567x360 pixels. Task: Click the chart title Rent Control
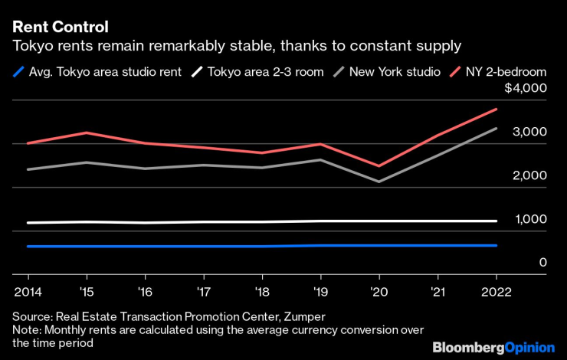[60, 27]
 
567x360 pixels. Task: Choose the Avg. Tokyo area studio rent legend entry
[107, 72]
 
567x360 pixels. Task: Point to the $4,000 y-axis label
[525, 89]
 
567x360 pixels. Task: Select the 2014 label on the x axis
[28, 291]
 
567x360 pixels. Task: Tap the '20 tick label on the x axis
[379, 291]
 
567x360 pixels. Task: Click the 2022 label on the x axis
[496, 291]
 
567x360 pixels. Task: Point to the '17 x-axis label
[204, 291]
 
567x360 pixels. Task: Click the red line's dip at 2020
[379, 165]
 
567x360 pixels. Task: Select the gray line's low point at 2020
[379, 182]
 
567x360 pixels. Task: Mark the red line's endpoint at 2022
[496, 110]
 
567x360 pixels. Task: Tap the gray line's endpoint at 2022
[496, 129]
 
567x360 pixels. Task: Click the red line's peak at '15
[87, 133]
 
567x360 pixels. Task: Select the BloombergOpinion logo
[493, 347]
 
